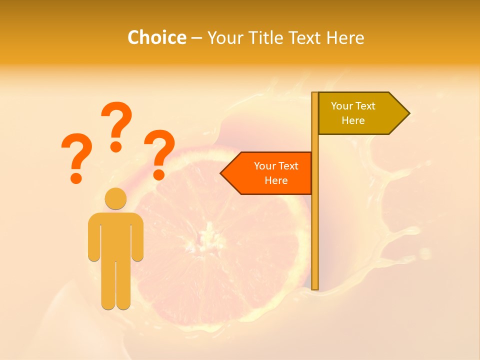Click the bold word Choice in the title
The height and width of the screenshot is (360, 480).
156,37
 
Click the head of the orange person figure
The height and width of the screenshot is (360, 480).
115,198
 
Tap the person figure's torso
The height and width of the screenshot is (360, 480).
115,235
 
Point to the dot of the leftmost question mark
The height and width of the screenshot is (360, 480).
76,177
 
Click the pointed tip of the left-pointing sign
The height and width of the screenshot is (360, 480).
221,173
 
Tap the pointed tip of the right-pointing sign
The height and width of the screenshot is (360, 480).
408,113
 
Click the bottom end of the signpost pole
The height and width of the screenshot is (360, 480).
315,287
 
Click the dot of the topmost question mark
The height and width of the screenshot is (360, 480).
116,146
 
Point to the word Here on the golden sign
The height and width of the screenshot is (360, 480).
353,120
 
